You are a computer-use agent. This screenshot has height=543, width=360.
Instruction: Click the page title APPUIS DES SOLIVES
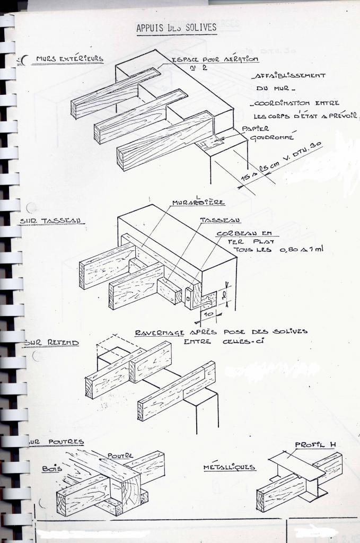click(177, 28)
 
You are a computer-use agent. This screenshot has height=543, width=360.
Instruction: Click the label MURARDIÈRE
click(198, 202)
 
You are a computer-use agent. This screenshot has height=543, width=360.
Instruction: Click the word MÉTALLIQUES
click(229, 468)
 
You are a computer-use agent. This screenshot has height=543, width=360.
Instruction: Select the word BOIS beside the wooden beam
click(52, 469)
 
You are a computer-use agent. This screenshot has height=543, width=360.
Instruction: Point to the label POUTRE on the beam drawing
click(120, 456)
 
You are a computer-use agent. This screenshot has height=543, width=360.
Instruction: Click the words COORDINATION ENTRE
click(296, 103)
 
